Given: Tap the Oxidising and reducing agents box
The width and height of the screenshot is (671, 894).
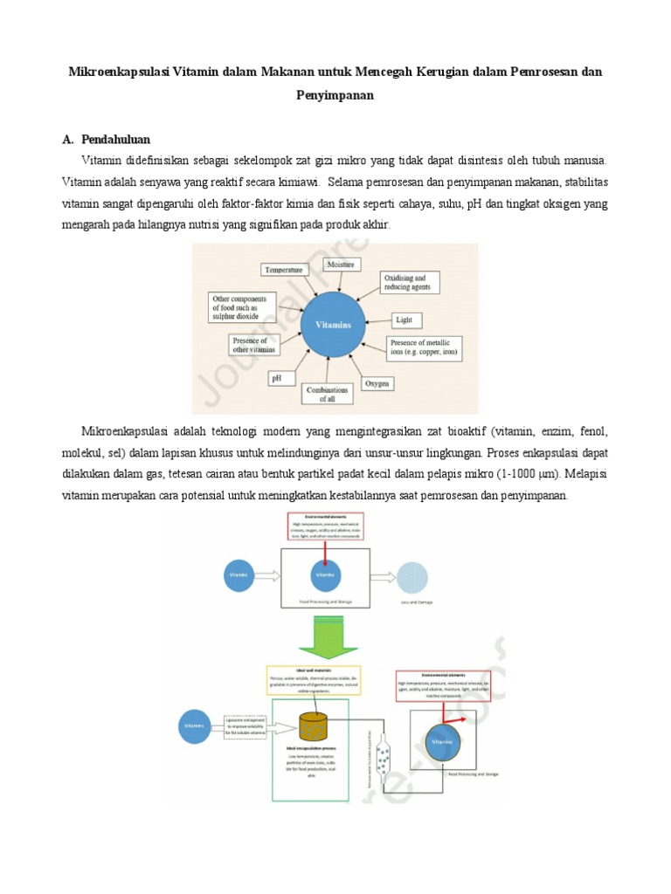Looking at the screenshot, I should pyautogui.click(x=410, y=283).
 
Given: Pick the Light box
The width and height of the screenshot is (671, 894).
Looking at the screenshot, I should pyautogui.click(x=403, y=320).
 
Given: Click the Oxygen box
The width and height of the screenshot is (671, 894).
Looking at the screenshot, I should pyautogui.click(x=377, y=383).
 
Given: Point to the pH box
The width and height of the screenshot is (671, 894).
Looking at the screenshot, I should pyautogui.click(x=276, y=379).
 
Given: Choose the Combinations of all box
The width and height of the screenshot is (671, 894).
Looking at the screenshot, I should pyautogui.click(x=327, y=394).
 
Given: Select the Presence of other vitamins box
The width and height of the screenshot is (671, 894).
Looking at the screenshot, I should pyautogui.click(x=252, y=345).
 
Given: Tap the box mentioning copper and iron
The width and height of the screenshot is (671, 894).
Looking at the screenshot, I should pyautogui.click(x=424, y=347).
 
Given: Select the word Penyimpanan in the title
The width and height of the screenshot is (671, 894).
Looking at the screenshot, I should pyautogui.click(x=335, y=96).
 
